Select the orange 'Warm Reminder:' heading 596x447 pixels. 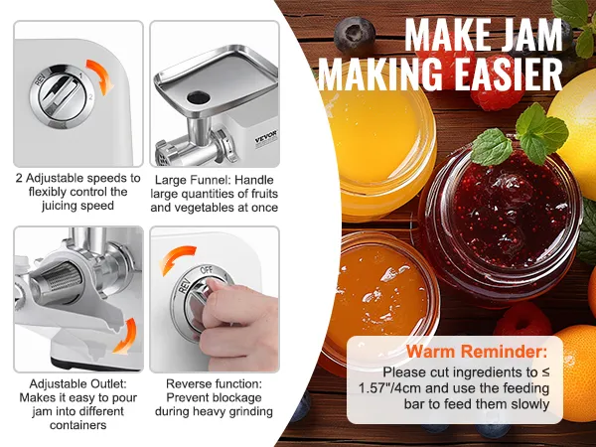click(477, 352)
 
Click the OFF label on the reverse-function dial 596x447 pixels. click(207, 270)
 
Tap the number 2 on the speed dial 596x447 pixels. click(90, 97)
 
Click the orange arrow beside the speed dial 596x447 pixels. click(101, 76)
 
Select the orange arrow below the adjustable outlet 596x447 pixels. click(126, 337)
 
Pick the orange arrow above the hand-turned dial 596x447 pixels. click(177, 257)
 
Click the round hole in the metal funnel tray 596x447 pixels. click(198, 97)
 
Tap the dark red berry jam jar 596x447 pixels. click(499, 223)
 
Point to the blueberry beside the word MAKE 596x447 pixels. click(355, 35)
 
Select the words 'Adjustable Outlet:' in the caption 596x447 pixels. click(77, 383)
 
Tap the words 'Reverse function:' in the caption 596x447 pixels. click(214, 383)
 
